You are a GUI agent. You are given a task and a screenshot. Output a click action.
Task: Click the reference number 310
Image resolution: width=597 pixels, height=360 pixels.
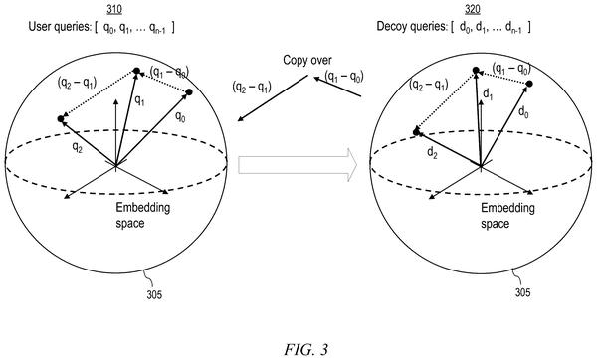click(114, 9)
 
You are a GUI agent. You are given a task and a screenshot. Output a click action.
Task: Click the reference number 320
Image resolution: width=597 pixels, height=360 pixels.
click(472, 9)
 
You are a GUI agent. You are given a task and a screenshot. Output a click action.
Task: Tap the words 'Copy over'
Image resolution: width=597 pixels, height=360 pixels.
click(307, 60)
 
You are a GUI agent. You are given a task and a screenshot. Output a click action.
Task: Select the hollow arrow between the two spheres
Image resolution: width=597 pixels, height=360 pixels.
click(298, 165)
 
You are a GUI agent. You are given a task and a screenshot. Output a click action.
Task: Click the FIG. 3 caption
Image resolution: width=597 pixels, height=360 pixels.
click(305, 349)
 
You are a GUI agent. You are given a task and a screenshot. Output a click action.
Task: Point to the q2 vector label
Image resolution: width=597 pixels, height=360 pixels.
click(78, 147)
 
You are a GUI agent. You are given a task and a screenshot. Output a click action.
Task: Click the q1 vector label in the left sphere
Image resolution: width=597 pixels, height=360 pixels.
click(139, 100)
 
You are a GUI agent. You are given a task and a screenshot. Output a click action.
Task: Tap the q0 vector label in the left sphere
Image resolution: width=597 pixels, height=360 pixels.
click(180, 116)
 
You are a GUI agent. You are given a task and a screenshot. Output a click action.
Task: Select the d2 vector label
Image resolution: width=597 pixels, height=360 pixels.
click(432, 153)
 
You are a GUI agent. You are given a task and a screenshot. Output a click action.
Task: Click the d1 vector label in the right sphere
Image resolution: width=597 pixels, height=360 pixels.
click(488, 94)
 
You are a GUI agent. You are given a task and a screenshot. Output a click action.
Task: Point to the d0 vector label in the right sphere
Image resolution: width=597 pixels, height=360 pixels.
click(524, 112)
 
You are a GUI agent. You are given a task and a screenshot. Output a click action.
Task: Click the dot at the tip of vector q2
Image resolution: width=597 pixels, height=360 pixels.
click(60, 119)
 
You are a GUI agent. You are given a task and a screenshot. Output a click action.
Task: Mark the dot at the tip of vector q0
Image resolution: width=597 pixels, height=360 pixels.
click(189, 92)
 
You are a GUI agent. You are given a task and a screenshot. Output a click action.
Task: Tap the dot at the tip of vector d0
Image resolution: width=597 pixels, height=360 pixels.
click(529, 84)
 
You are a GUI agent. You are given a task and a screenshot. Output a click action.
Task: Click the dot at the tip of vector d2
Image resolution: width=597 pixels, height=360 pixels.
click(416, 132)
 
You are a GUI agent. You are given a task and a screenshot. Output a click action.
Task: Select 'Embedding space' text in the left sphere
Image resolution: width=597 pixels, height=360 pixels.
click(142, 215)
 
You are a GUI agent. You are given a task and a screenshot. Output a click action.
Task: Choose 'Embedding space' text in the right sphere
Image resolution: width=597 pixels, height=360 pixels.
click(507, 216)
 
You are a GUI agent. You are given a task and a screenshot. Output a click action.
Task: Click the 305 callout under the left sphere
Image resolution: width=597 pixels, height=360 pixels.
click(154, 294)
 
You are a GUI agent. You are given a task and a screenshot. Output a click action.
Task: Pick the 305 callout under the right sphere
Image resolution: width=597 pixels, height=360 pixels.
click(522, 292)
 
